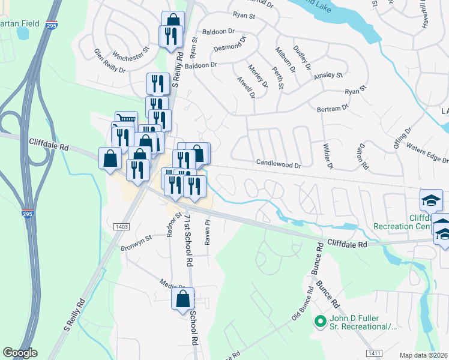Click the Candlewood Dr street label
[278, 163]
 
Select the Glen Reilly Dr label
[109, 62]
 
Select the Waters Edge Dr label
[427, 152]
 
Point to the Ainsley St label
[328, 76]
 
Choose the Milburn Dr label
[286, 61]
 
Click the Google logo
[20, 353]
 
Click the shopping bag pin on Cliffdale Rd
[111, 158]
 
